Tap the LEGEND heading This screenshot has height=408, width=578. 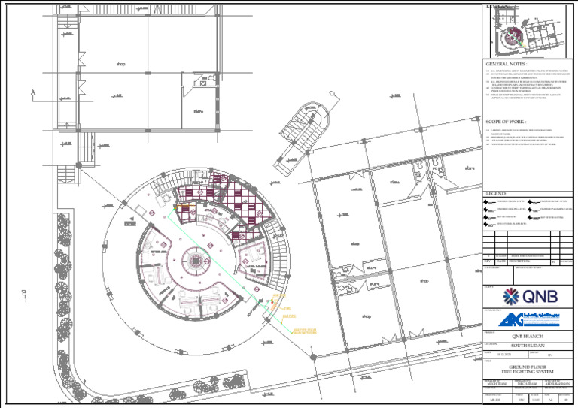point(497,194)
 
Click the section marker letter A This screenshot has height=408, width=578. point(33,92)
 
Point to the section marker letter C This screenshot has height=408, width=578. point(332,94)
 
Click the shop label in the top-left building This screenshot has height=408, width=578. point(120,64)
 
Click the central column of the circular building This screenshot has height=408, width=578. point(195,260)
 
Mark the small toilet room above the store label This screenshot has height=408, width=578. point(201,86)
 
